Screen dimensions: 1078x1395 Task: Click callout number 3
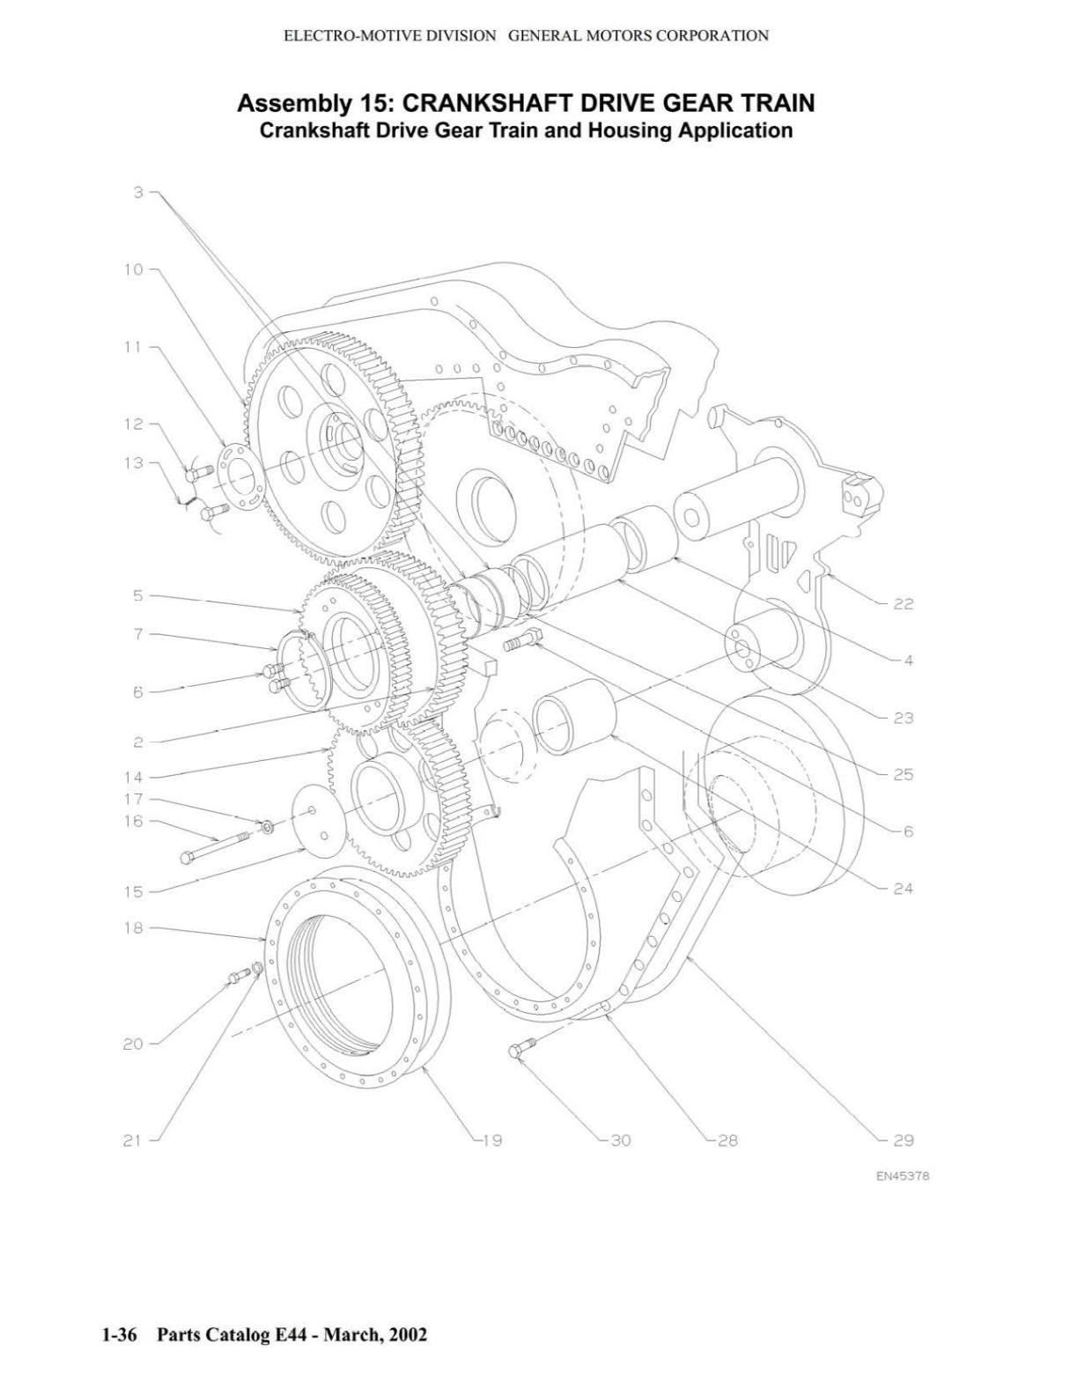pyautogui.click(x=138, y=192)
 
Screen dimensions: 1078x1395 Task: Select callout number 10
pyautogui.click(x=134, y=269)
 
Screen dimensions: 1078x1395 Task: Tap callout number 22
pyautogui.click(x=903, y=604)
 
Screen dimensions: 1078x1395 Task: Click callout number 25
pyautogui.click(x=903, y=775)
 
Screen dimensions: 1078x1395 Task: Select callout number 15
pyautogui.click(x=134, y=892)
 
